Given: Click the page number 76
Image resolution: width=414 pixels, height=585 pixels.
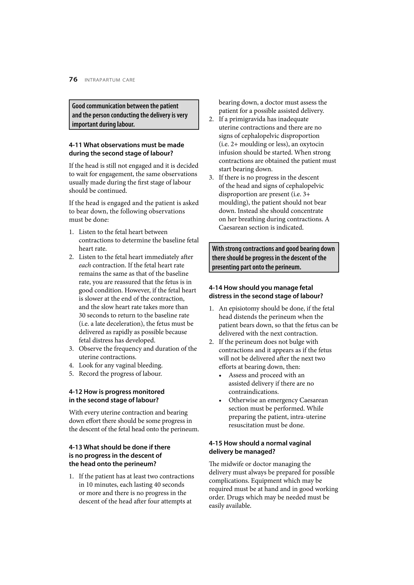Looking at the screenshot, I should click(73, 80).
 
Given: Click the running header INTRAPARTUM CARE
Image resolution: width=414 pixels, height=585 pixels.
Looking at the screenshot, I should click(110, 80).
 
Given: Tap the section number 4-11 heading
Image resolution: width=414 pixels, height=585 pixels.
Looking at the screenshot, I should click(126, 149).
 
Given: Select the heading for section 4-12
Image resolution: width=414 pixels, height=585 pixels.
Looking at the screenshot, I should click(117, 396).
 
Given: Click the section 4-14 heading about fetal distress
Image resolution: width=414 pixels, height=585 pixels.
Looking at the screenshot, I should click(266, 292).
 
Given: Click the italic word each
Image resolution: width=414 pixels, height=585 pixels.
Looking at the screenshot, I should click(85, 265).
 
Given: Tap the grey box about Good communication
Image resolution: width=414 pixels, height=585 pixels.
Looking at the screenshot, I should click(134, 115).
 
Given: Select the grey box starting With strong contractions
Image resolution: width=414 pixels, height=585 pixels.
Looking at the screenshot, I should click(274, 258).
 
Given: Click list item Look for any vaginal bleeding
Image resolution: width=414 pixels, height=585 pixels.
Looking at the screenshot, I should click(120, 365).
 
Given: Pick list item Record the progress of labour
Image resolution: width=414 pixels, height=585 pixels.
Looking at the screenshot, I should click(120, 374).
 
